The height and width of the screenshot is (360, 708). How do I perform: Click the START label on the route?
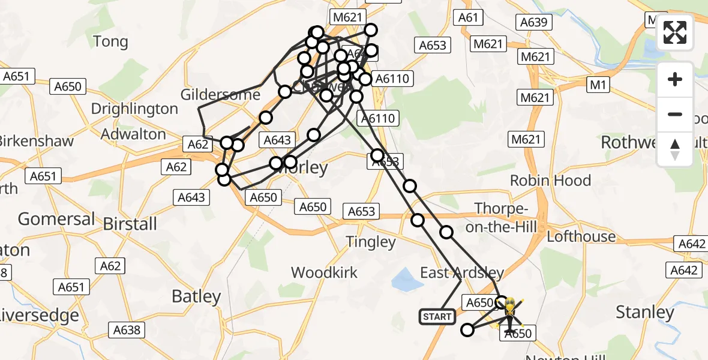(x=437, y=316)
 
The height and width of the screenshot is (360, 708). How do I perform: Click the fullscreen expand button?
(x=675, y=32)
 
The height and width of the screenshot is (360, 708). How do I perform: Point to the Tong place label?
(x=111, y=41)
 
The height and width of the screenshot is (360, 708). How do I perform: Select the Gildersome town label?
(x=221, y=95)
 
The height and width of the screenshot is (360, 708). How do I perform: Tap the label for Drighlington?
(x=134, y=109)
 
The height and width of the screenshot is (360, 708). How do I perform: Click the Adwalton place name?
(x=133, y=134)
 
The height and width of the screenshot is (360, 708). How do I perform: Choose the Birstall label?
(x=130, y=224)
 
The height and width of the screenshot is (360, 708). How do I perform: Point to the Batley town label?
(x=196, y=296)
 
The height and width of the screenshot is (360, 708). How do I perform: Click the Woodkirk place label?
(x=324, y=272)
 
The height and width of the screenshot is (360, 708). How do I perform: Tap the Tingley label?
(x=371, y=242)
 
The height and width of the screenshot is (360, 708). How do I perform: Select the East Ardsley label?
(x=461, y=273)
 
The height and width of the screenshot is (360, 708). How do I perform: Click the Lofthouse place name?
(x=581, y=237)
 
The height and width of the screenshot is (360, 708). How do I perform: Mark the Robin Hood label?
(x=550, y=181)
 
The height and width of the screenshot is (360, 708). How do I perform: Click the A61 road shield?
(x=468, y=17)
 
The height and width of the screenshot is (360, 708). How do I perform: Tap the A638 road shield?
(x=127, y=329)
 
